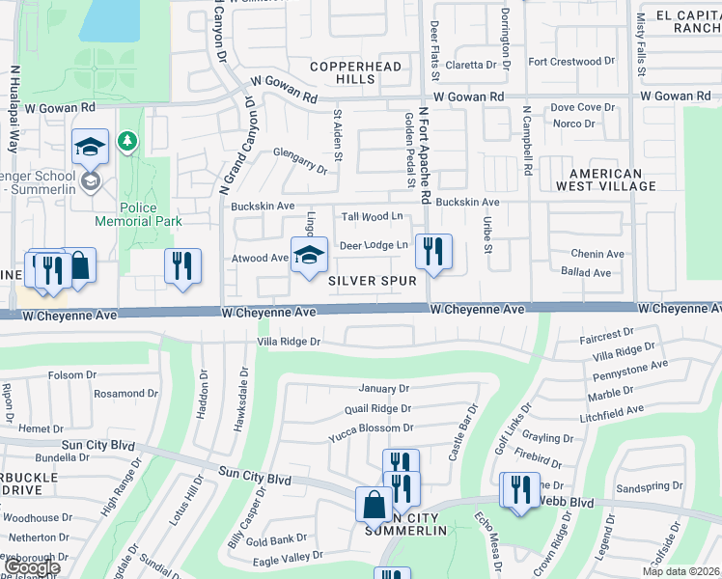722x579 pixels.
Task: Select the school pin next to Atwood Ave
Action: (309, 256)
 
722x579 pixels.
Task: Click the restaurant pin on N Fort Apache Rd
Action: (433, 253)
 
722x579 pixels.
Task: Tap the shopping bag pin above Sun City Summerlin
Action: (374, 505)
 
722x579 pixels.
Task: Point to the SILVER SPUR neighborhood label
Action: (373, 281)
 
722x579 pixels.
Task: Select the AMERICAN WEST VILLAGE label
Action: (599, 180)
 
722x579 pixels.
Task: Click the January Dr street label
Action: (383, 389)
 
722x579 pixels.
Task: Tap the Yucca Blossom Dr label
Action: (371, 427)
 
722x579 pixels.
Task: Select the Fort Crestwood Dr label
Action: (571, 62)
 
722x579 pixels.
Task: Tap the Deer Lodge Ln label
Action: (373, 246)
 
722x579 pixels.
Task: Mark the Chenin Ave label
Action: (597, 254)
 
